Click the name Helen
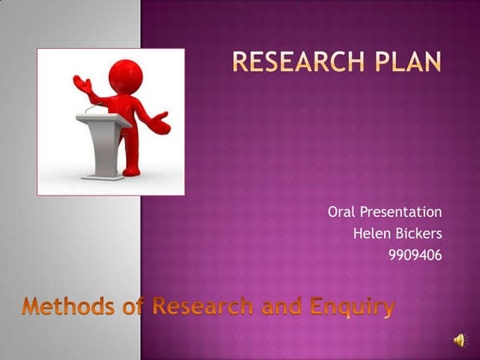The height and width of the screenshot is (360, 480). (370, 232)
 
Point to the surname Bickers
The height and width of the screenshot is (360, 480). (417, 232)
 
